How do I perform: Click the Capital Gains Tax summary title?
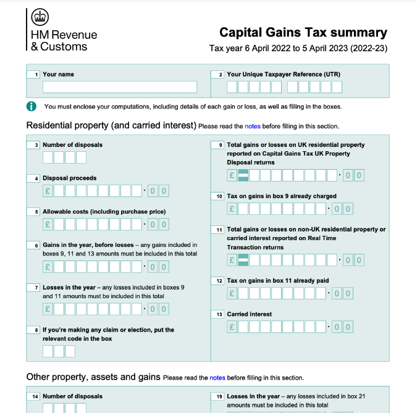303,33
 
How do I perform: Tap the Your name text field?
120,87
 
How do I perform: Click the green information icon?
32,106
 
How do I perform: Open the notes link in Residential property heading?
253,126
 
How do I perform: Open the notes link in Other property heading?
217,377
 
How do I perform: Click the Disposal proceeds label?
69,178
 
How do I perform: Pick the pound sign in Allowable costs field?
48,224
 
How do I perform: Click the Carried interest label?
249,314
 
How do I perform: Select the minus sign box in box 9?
243,175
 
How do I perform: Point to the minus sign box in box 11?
243,260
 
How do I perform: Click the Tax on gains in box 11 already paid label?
277,281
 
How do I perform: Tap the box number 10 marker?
217,197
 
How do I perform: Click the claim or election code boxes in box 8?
59,351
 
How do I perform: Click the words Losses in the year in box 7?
69,287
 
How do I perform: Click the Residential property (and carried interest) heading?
111,125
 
